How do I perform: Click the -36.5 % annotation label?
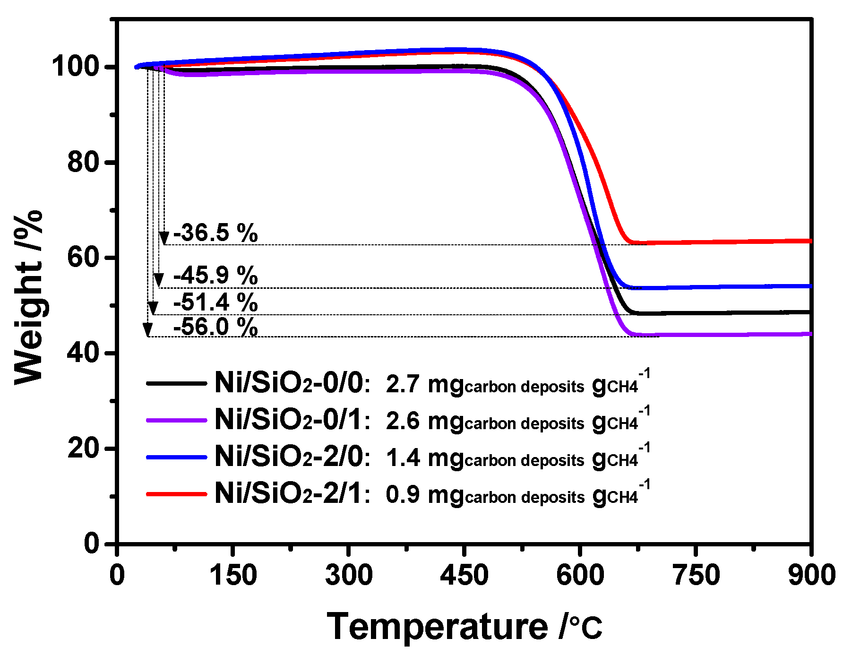point(215,233)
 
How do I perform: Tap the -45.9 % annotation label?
point(215,275)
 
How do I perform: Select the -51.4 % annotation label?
point(215,302)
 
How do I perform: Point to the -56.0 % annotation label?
point(215,327)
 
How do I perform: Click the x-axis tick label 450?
point(464,575)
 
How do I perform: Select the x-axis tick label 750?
point(696,575)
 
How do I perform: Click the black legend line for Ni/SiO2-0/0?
point(177,383)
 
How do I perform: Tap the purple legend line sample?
point(177,420)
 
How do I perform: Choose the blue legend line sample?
point(177,457)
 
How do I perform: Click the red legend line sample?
point(177,494)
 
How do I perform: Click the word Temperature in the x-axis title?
point(437,627)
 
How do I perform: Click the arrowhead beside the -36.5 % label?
point(164,238)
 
